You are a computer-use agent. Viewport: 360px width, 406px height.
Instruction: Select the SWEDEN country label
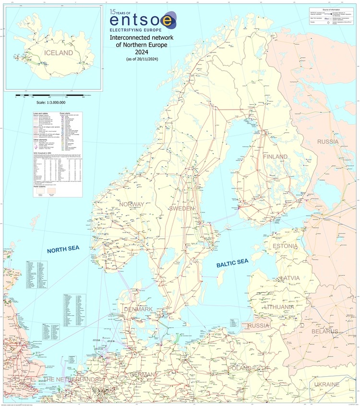(181, 208)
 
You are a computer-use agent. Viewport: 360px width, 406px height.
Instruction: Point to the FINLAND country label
(275, 157)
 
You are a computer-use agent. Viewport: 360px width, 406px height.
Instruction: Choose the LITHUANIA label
(279, 307)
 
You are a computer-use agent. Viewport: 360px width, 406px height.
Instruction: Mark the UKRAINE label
(326, 384)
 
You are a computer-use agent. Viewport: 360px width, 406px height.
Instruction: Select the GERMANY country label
(141, 375)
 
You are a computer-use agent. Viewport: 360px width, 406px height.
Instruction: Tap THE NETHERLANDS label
(71, 380)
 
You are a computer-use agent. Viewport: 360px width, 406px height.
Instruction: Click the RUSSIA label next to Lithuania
(260, 325)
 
